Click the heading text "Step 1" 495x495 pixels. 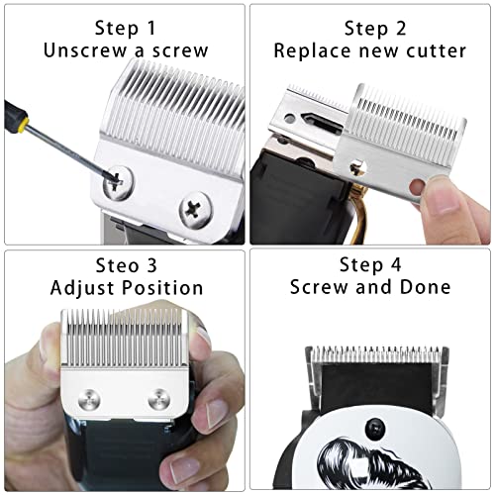123,27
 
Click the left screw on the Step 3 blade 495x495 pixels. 87,401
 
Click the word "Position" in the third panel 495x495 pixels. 158,288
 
